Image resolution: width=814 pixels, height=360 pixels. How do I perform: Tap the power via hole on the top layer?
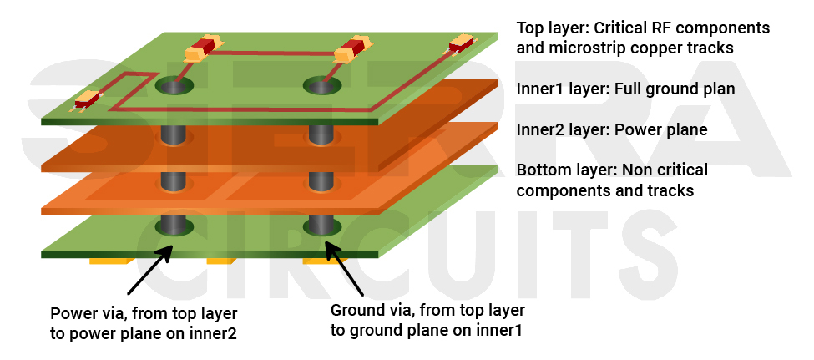pos(172,85)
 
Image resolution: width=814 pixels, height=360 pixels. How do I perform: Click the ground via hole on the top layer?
pos(321,84)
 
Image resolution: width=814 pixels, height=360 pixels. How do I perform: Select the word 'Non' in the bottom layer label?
pos(634,170)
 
